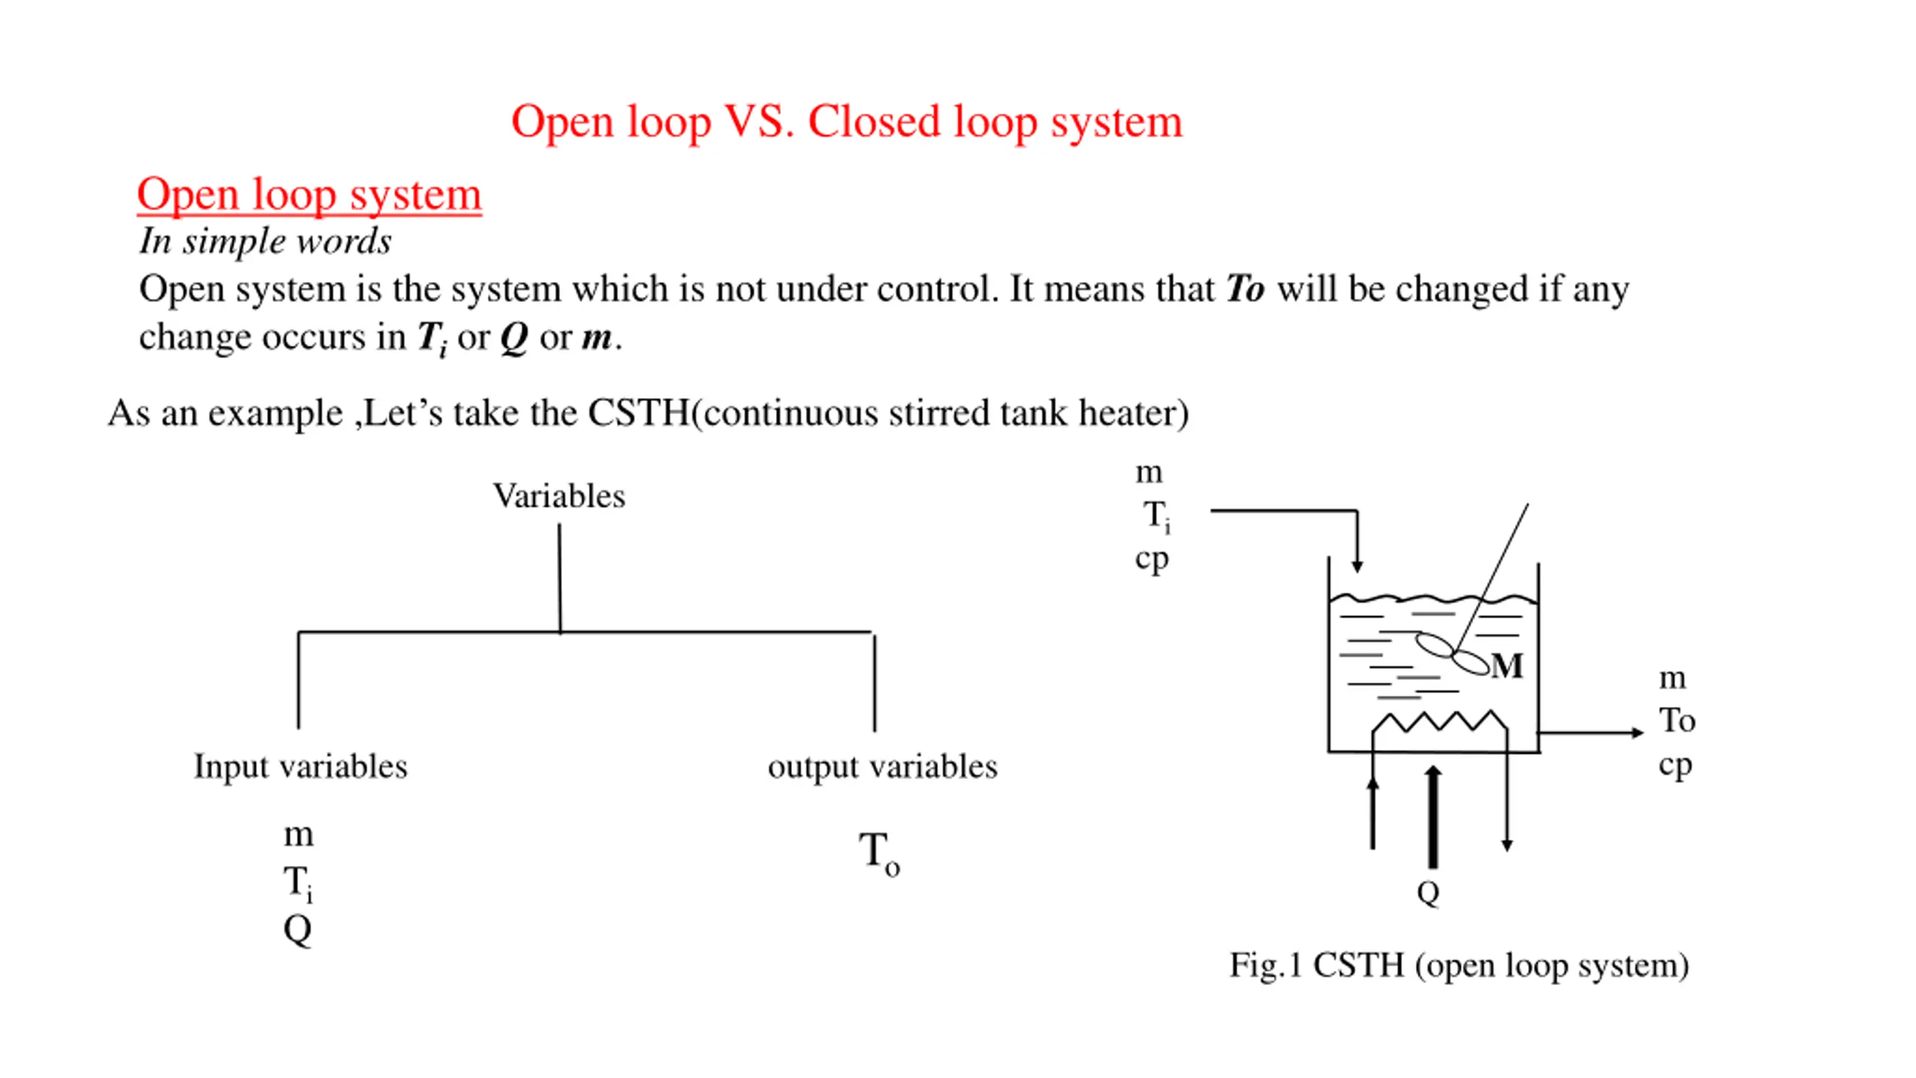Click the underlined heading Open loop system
pyautogui.click(x=309, y=195)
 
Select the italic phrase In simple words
pyautogui.click(x=265, y=241)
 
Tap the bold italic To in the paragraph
pyautogui.click(x=1245, y=289)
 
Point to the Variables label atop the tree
pyautogui.click(x=558, y=496)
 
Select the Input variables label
pyautogui.click(x=300, y=767)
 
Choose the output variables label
pyautogui.click(x=882, y=767)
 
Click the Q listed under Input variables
pyautogui.click(x=297, y=930)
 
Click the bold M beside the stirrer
pyautogui.click(x=1507, y=666)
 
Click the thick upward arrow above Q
pyautogui.click(x=1433, y=816)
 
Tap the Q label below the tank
pyautogui.click(x=1428, y=892)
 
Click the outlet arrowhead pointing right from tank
pyautogui.click(x=1637, y=732)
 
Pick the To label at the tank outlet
pyautogui.click(x=1676, y=720)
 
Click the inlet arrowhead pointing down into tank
pyautogui.click(x=1357, y=566)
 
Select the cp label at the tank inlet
pyautogui.click(x=1151, y=558)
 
